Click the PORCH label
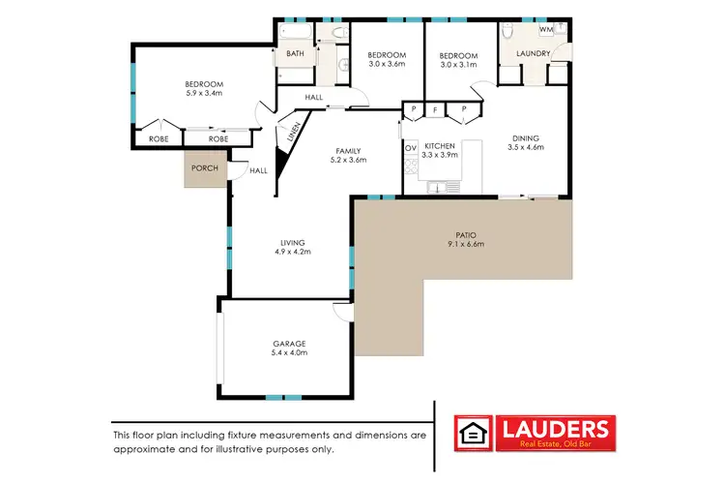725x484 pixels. (x=204, y=168)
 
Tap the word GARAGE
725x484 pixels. (x=289, y=344)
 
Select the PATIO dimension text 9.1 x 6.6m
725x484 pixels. (x=464, y=244)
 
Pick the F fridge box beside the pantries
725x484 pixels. (x=437, y=110)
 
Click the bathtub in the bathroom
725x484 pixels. (x=293, y=41)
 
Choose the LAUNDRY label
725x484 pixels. (x=534, y=54)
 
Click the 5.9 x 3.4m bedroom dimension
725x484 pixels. (x=205, y=95)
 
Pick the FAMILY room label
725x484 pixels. (x=349, y=150)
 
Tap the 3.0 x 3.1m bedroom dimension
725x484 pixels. (x=460, y=65)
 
